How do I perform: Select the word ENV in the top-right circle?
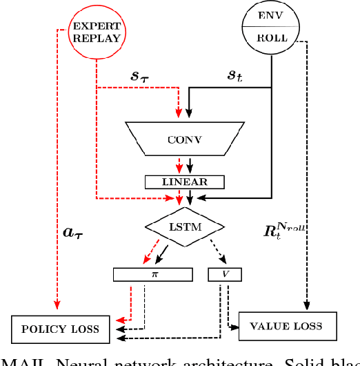[x=269, y=15]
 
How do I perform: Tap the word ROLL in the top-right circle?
[x=269, y=39]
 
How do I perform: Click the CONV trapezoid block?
[x=184, y=138]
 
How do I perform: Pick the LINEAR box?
[x=184, y=182]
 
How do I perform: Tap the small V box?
[x=225, y=275]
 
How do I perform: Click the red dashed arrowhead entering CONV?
[x=179, y=112]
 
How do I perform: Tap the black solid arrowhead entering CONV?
[x=190, y=112]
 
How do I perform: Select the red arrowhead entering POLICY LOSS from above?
[x=57, y=308]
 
